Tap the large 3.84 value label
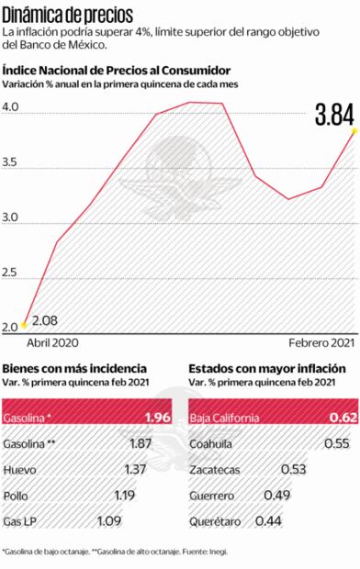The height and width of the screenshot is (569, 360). click(x=333, y=116)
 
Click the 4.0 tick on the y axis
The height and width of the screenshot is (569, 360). click(x=10, y=107)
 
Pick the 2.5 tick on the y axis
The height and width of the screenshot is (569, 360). click(x=10, y=273)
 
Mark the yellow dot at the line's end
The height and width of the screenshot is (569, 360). click(x=354, y=131)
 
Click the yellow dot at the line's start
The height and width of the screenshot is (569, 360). click(x=23, y=325)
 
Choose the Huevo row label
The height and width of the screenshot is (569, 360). click(x=21, y=444)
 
